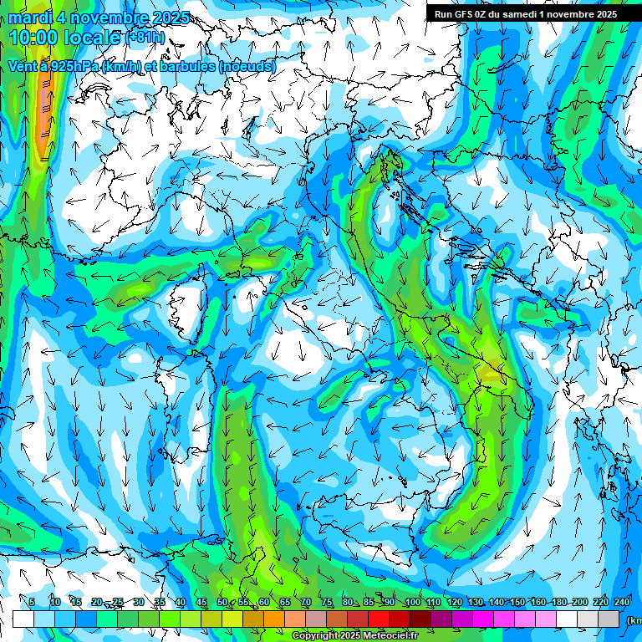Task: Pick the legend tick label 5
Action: click(32, 603)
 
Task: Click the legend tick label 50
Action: click(222, 603)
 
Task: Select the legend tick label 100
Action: click(411, 603)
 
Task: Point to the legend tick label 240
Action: click(622, 603)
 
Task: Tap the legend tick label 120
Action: click(454, 603)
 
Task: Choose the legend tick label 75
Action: click(327, 603)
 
